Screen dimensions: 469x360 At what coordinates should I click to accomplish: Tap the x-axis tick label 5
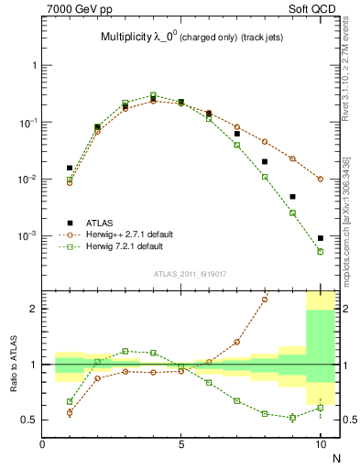point(181,445)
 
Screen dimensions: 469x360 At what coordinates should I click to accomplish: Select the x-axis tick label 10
point(320,445)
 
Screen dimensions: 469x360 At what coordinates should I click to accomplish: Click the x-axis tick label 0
point(42,445)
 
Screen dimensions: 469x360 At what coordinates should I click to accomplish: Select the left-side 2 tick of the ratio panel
point(34,309)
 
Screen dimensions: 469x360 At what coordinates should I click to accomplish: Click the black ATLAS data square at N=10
point(320,238)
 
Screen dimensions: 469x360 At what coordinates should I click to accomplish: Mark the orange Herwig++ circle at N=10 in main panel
point(320,179)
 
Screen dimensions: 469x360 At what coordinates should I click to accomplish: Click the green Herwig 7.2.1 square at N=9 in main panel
point(292,213)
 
